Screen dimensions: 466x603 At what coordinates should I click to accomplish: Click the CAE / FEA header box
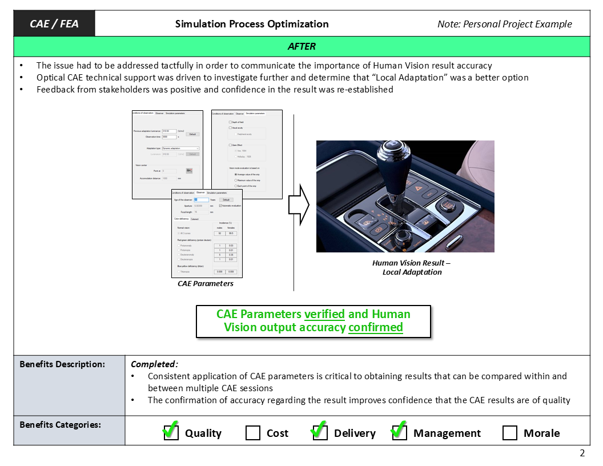[54, 24]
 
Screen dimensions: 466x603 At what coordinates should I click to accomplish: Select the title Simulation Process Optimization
[252, 24]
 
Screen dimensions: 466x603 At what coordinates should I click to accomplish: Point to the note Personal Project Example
[504, 24]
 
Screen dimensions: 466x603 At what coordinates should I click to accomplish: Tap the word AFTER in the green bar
[301, 46]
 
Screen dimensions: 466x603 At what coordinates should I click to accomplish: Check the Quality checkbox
[171, 433]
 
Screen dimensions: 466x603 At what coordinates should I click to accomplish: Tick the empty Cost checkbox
[253, 433]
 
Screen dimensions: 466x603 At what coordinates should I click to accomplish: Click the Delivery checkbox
[320, 433]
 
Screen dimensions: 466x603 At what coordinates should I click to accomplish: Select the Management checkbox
[399, 433]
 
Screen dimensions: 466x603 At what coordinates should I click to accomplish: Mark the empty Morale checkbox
[510, 433]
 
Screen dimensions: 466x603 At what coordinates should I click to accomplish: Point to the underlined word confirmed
[375, 327]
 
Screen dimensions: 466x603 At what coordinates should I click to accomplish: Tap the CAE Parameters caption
[206, 283]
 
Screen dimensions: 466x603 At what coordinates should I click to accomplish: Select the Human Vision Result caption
[412, 267]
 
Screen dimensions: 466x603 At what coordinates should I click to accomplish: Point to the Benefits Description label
[62, 364]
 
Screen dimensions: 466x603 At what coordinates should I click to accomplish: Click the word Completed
[154, 364]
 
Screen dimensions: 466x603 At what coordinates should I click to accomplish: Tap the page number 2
[582, 453]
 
